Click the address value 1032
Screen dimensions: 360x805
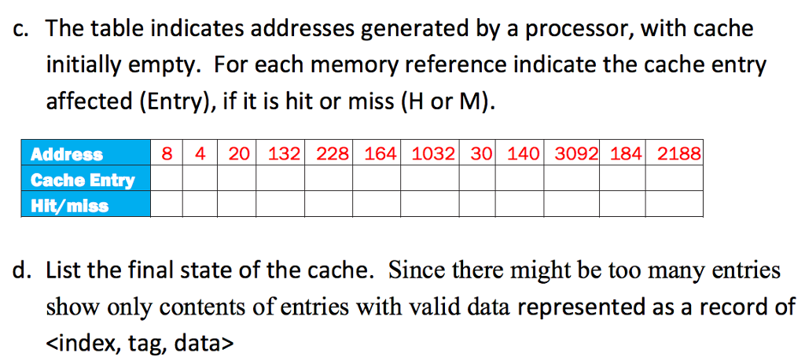433,154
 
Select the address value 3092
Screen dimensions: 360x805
576,154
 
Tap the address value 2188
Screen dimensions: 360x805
678,154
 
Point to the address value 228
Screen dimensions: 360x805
333,154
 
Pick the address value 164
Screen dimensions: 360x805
381,154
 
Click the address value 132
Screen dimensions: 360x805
284,154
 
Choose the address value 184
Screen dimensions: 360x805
626,154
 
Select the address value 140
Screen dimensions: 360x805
523,154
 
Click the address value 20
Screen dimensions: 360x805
238,154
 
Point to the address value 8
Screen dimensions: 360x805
167,154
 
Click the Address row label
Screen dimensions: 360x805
67,155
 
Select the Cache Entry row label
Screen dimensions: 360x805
83,180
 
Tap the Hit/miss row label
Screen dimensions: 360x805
69,206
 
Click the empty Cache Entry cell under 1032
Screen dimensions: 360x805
433,180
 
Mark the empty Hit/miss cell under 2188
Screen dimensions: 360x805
678,206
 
